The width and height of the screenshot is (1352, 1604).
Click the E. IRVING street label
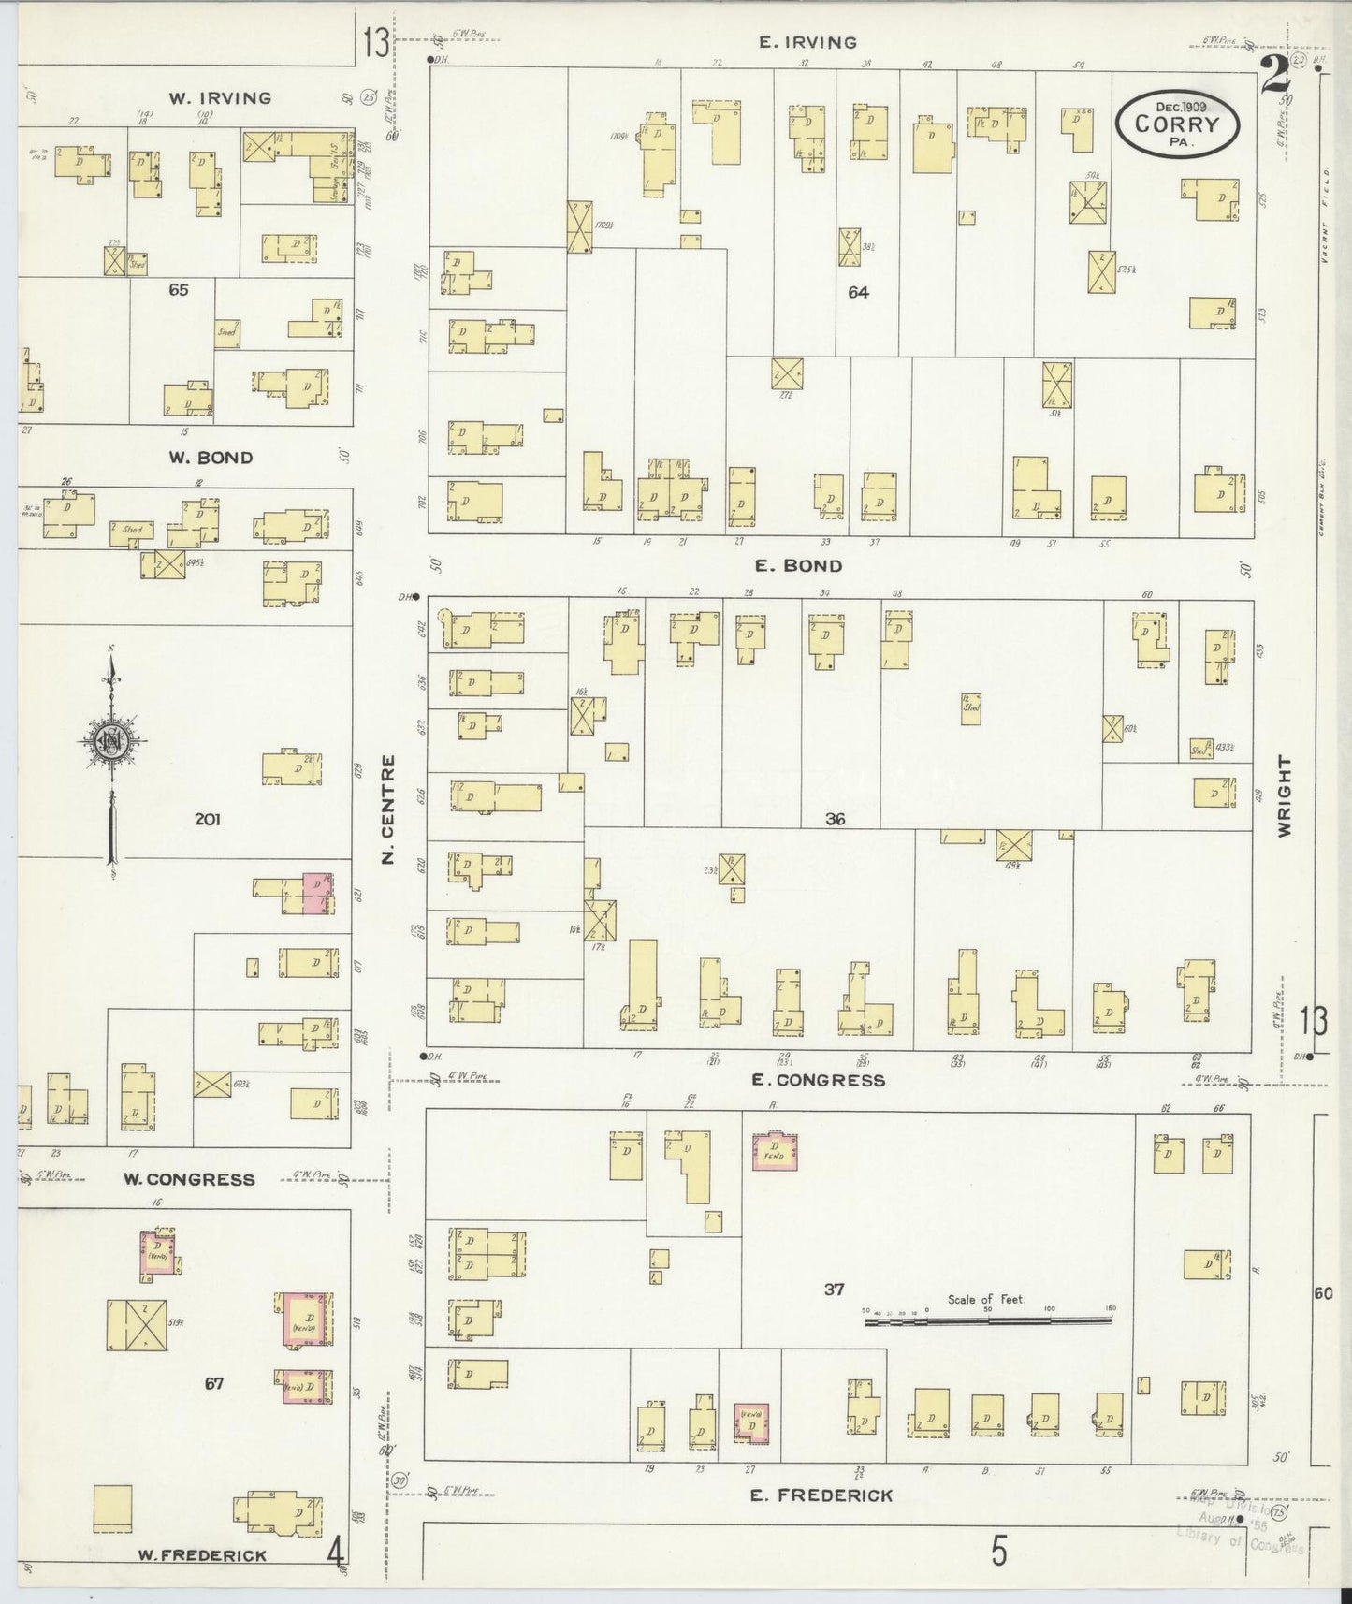pos(808,42)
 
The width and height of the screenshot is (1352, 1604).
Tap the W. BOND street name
pos(211,458)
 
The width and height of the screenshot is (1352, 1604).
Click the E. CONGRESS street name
pos(819,1080)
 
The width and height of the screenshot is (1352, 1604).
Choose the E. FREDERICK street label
pos(821,1495)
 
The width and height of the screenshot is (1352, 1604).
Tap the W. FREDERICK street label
pos(202,1555)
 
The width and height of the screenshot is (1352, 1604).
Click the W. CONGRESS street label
pos(189,1179)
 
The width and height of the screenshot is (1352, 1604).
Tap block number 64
pos(858,292)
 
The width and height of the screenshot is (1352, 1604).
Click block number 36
pos(835,819)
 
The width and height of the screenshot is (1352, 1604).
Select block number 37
pos(834,1289)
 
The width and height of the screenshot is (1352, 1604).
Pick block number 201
pos(207,819)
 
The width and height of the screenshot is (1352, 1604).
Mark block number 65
pos(178,290)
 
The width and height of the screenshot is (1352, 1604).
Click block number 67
pos(214,1383)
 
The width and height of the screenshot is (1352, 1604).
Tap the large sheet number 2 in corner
pos(1273,75)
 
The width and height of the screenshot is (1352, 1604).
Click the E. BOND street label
pos(799,565)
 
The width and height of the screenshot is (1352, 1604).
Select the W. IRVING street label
pos(220,97)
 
